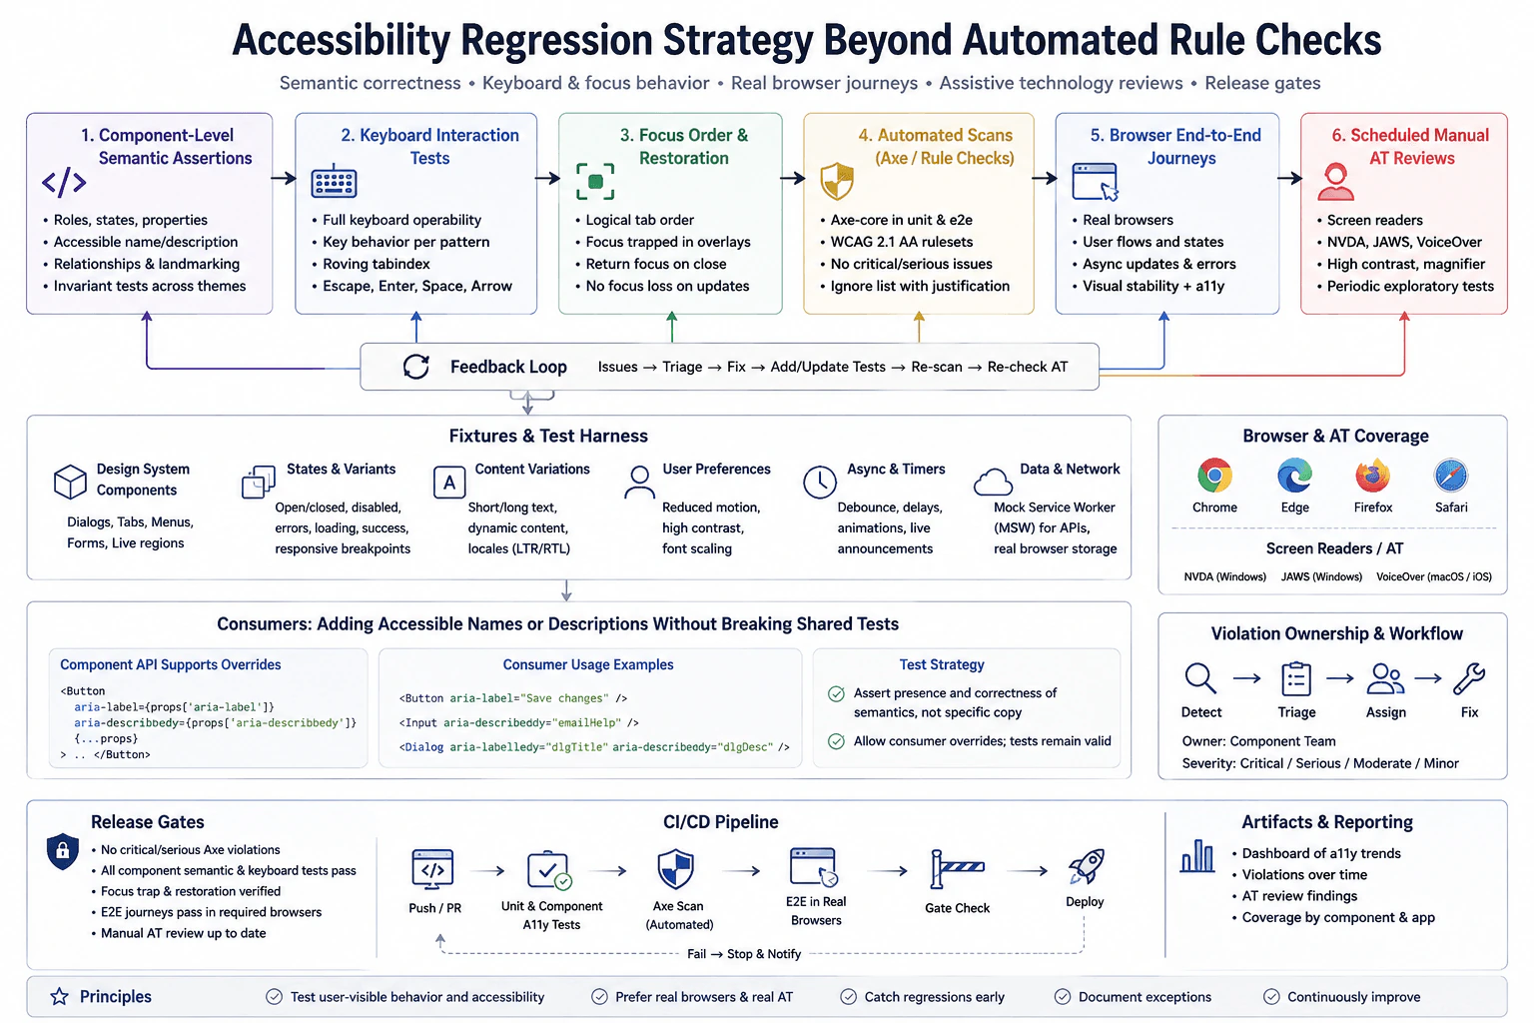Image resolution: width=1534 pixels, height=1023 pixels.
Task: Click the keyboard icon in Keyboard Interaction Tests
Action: (x=334, y=182)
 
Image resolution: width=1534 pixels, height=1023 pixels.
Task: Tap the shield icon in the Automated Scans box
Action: (x=837, y=182)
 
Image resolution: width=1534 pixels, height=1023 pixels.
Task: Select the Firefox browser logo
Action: (x=1372, y=477)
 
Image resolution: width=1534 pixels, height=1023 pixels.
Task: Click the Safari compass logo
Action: (x=1450, y=477)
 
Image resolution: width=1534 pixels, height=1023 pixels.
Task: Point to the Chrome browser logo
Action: (x=1214, y=477)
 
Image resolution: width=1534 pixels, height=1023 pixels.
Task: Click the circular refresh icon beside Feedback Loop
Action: (x=416, y=367)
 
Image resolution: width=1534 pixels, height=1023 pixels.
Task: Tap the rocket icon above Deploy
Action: (x=1087, y=866)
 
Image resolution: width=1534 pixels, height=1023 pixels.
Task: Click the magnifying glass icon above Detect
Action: (x=1200, y=678)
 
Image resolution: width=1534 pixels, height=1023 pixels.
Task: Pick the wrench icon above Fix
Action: (x=1470, y=678)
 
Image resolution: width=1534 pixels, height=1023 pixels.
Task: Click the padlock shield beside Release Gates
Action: (x=62, y=852)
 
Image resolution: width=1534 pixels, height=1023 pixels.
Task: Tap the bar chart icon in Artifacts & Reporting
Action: (x=1197, y=856)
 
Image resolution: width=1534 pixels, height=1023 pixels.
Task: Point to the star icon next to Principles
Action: (x=60, y=996)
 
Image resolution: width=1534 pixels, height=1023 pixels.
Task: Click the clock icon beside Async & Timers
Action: (x=820, y=482)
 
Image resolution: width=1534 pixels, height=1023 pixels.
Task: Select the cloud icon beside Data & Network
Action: (x=993, y=482)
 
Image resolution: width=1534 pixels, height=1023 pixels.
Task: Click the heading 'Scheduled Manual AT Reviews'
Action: (x=1410, y=147)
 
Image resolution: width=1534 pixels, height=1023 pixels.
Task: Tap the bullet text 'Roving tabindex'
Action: (x=376, y=264)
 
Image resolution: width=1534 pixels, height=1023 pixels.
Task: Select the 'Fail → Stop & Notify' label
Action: (x=744, y=954)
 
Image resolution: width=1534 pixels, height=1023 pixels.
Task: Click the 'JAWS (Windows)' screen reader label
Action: (x=1321, y=577)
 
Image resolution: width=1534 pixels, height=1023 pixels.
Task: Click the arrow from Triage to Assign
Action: (x=1340, y=678)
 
